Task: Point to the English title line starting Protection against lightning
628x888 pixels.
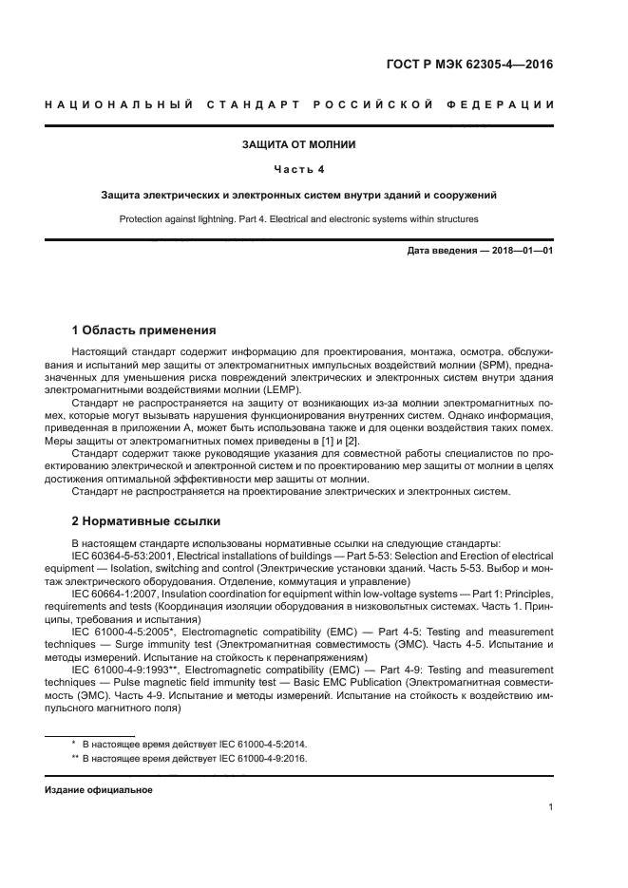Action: coord(299,218)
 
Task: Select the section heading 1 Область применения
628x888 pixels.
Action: coord(144,331)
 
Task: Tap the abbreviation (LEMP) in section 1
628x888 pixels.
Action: coord(282,389)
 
